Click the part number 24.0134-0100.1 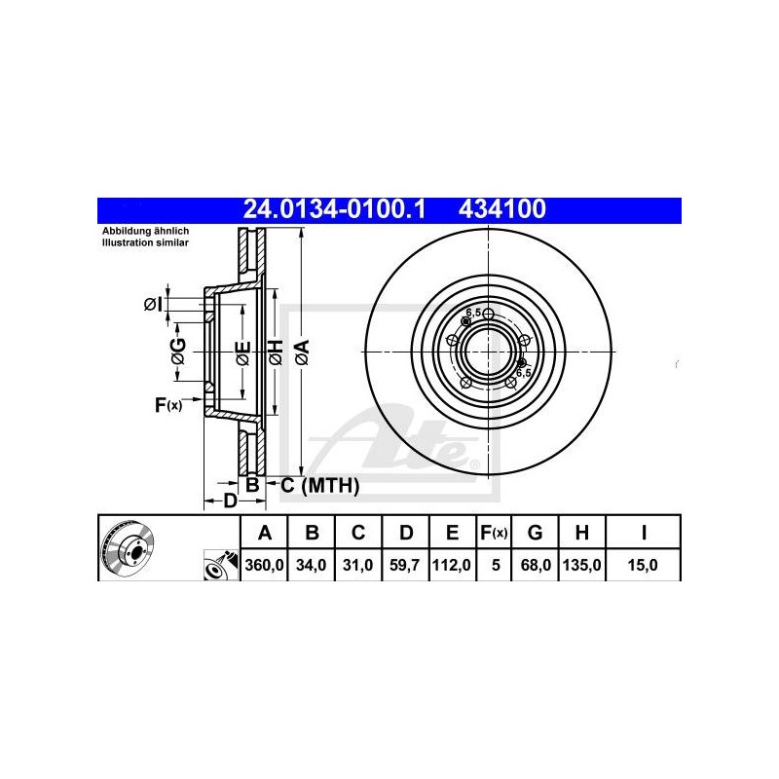point(334,209)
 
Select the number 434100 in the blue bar point(502,209)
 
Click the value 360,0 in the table point(264,565)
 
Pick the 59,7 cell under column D point(405,565)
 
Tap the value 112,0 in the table point(452,565)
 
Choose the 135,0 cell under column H point(581,565)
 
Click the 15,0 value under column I point(643,565)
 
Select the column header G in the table point(535,533)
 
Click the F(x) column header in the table point(494,533)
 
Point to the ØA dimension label point(302,352)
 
